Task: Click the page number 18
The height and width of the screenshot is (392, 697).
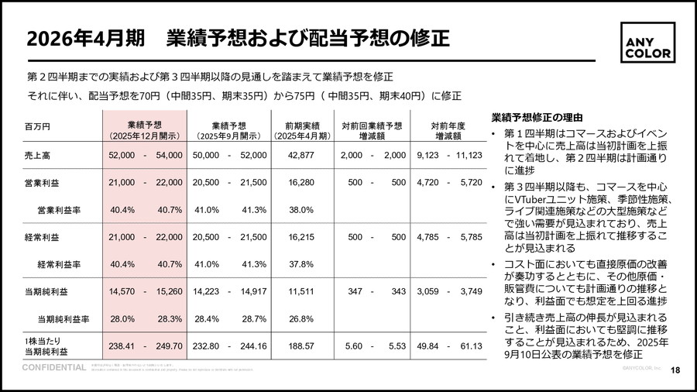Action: click(675, 370)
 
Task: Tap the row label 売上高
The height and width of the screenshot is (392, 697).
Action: click(38, 156)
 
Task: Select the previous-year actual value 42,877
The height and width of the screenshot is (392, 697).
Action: click(300, 156)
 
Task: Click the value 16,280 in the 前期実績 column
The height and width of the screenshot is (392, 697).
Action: click(300, 183)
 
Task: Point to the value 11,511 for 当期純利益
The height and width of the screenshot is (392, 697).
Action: click(300, 291)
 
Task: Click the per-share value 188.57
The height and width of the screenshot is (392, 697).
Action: click(300, 346)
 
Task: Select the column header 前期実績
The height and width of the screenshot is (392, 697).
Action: click(301, 129)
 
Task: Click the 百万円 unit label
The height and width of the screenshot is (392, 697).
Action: click(37, 126)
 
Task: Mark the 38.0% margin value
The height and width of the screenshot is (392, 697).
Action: click(300, 210)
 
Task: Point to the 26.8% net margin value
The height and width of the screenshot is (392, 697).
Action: click(300, 318)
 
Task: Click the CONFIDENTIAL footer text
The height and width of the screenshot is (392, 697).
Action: click(53, 367)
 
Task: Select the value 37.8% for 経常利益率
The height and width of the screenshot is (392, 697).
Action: click(300, 264)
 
